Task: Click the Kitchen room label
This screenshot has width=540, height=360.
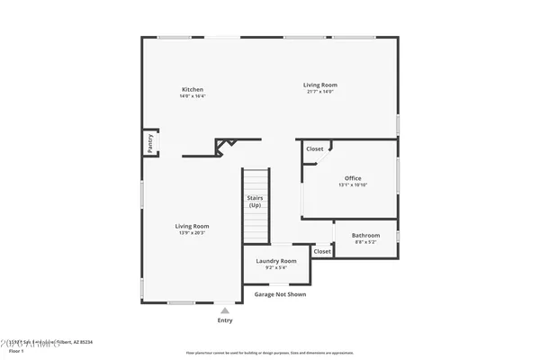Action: point(193,89)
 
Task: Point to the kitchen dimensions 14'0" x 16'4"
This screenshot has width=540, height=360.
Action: point(193,96)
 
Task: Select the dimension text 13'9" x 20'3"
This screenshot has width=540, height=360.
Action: point(192,233)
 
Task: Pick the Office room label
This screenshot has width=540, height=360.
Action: point(353,178)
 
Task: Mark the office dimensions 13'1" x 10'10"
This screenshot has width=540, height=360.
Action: point(353,185)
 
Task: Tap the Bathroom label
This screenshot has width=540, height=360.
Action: point(365,236)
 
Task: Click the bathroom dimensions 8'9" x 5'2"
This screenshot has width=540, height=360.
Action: point(365,242)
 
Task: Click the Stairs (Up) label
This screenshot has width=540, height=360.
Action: point(255,202)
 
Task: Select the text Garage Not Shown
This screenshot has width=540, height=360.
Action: point(279,294)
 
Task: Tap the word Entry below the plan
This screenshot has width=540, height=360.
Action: point(225,320)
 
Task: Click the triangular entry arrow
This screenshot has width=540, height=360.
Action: point(225,310)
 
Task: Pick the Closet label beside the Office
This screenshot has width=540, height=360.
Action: point(314,148)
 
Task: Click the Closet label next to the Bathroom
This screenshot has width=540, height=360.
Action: point(322,251)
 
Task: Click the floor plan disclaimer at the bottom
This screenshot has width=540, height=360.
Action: point(269,353)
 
